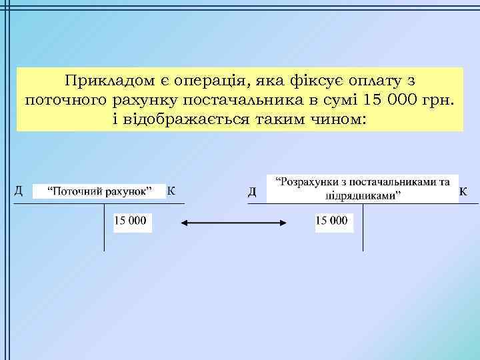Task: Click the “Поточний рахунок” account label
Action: tap(98, 192)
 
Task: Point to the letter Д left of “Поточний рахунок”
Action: tap(19, 191)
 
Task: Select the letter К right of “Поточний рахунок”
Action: tap(171, 191)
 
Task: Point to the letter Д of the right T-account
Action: tap(253, 192)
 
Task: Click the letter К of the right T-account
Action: tap(464, 192)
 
